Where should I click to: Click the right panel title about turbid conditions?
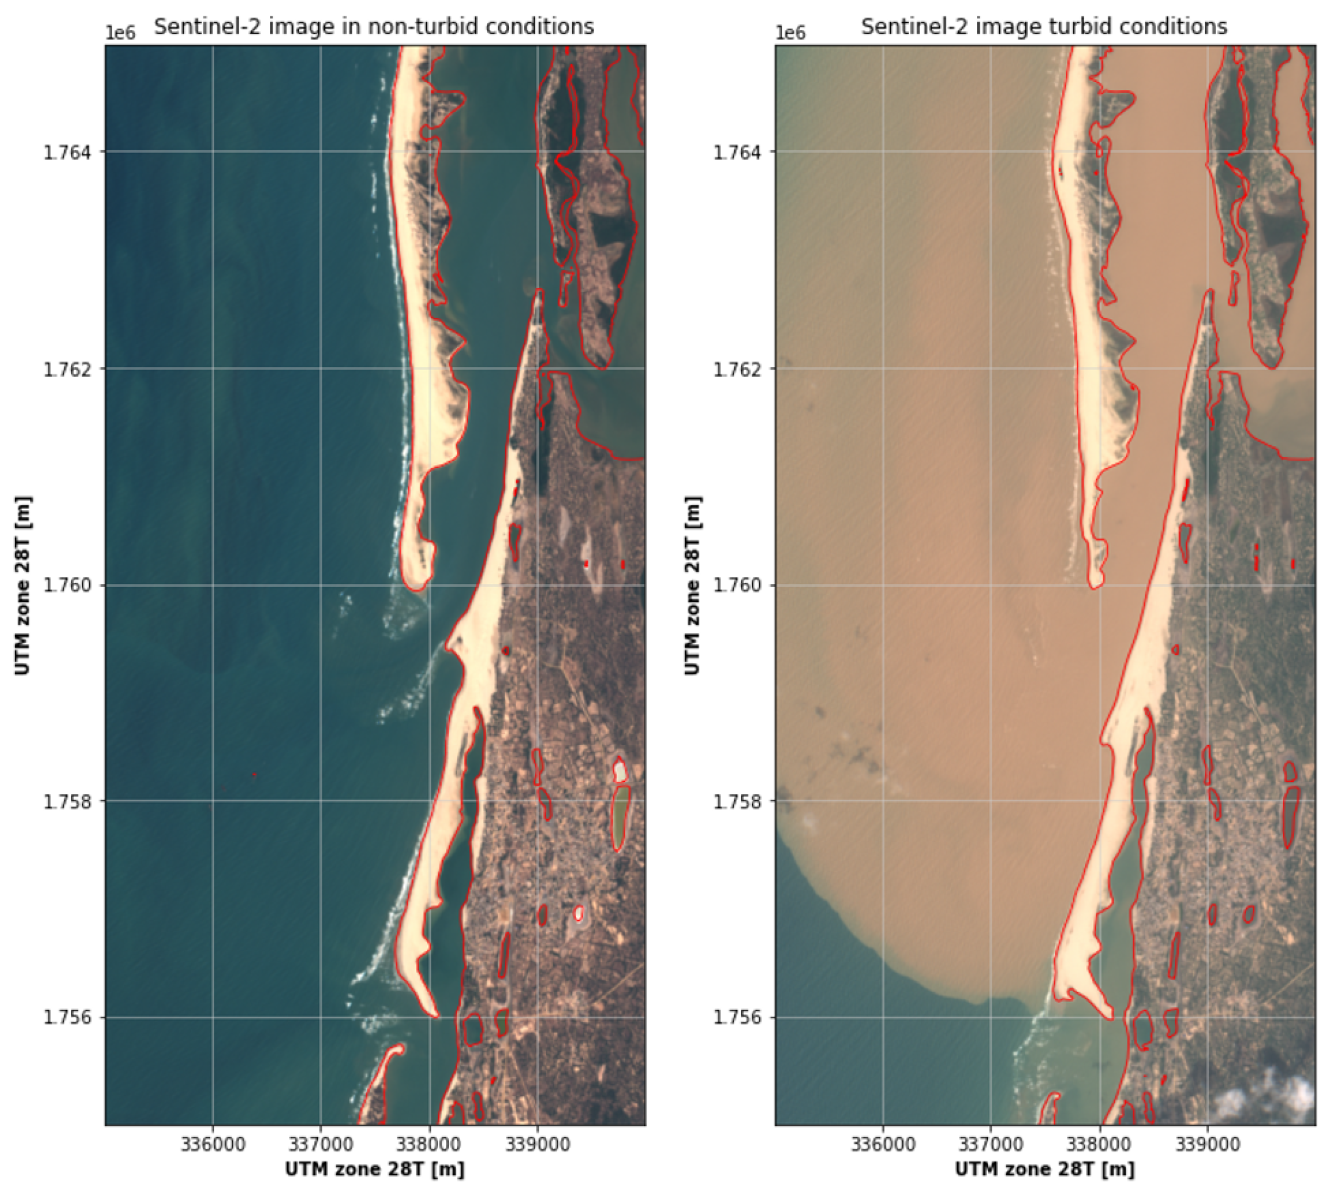1044,26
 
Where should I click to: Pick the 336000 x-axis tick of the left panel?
213,1144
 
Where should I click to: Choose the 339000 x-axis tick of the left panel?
537,1144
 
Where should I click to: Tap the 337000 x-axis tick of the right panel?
991,1144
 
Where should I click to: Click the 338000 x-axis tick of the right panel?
1099,1144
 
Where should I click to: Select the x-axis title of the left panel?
375,1169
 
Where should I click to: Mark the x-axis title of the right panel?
1045,1169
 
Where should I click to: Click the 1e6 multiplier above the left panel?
121,33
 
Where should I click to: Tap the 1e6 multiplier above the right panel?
791,33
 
